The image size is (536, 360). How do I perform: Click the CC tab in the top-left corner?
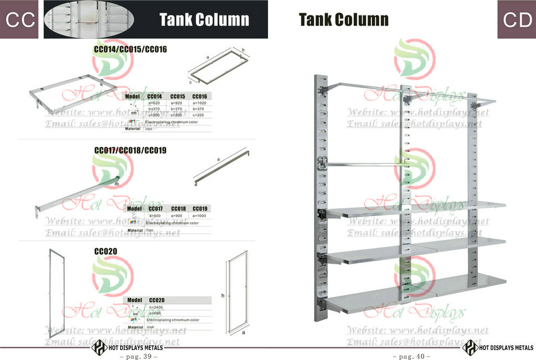(x=19, y=20)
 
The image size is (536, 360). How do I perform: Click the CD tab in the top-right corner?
(x=516, y=20)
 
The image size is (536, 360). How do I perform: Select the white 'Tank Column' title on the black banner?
(x=204, y=20)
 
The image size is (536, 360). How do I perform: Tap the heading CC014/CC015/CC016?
(x=131, y=49)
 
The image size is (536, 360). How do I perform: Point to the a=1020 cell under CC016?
(x=200, y=103)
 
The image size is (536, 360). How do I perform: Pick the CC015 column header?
(x=177, y=96)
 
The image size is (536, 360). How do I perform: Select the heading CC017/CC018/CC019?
(x=131, y=150)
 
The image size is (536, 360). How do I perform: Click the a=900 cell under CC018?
(x=177, y=215)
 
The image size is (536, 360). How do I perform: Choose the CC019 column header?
(x=200, y=208)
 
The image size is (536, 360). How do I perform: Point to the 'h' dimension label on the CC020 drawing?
(x=223, y=296)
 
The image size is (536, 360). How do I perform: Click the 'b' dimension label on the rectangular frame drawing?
(x=243, y=49)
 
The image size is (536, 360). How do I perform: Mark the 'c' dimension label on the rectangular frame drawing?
(x=190, y=82)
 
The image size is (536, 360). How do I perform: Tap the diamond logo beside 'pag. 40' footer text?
(x=471, y=347)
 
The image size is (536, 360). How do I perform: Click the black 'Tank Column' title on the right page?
(x=343, y=20)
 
